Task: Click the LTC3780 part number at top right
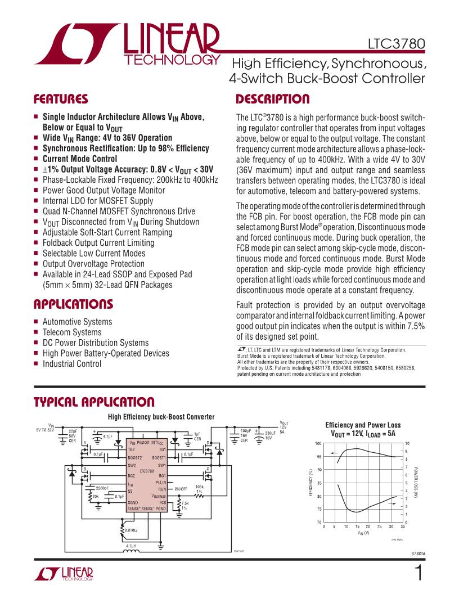(396, 44)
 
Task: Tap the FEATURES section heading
(61, 100)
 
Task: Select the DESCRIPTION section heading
(272, 100)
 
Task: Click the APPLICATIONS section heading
(73, 304)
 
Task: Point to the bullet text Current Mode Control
(80, 159)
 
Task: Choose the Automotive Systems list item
(77, 322)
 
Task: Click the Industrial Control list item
(72, 363)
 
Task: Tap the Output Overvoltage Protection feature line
(93, 264)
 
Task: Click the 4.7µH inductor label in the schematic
(132, 545)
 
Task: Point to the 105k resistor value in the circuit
(199, 487)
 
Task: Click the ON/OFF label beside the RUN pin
(181, 489)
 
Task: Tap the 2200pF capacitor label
(102, 488)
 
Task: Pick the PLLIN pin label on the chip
(160, 482)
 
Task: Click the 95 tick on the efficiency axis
(318, 457)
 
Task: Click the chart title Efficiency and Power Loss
(363, 425)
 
